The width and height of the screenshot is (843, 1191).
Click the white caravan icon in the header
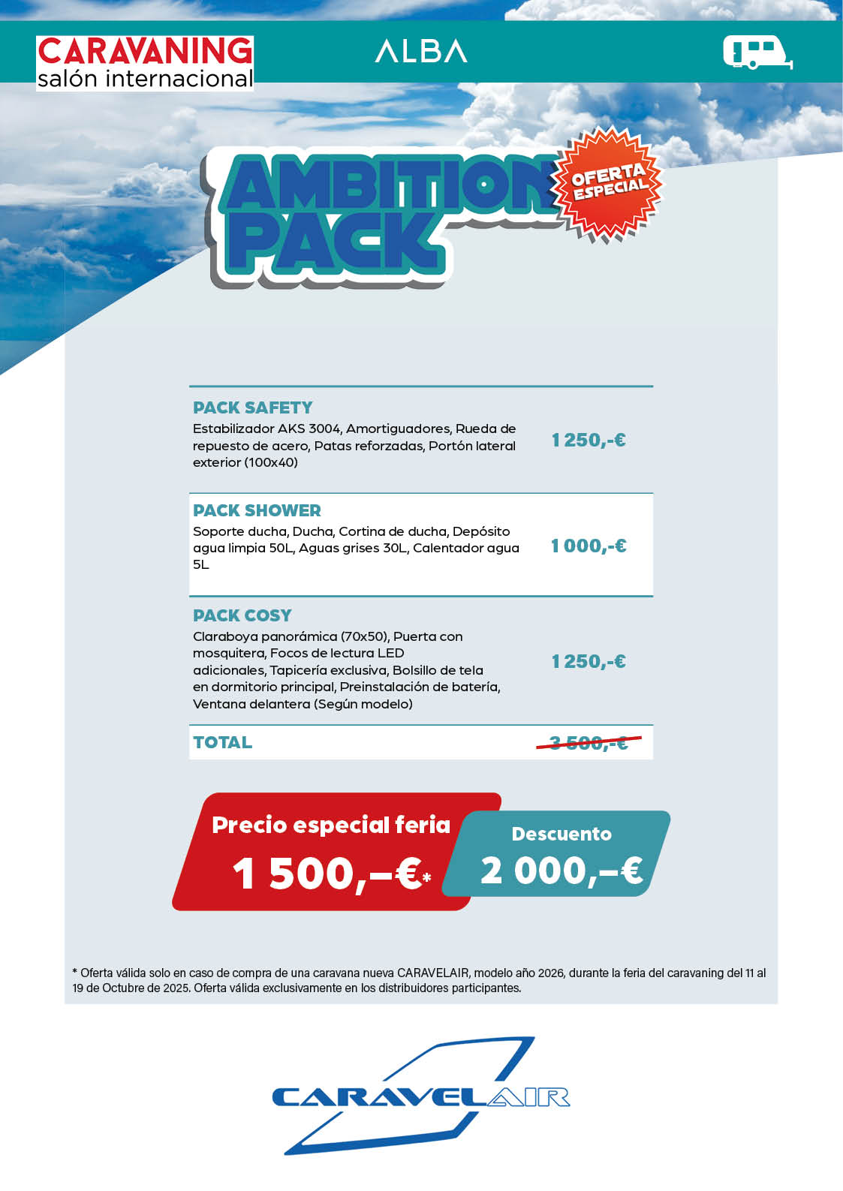(x=757, y=53)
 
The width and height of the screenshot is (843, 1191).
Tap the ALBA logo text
(x=420, y=51)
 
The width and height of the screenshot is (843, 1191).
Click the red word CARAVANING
(x=145, y=51)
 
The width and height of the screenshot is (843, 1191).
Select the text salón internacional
(x=145, y=79)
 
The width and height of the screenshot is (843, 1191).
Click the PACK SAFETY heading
(x=252, y=408)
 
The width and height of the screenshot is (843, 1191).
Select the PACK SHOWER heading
(x=257, y=510)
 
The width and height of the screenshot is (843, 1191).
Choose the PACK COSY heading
(x=242, y=615)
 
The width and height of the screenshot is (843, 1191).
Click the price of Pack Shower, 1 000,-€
(x=589, y=546)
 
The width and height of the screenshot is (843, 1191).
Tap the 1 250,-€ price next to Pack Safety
(x=589, y=440)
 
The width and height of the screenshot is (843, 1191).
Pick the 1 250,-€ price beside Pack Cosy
(x=589, y=661)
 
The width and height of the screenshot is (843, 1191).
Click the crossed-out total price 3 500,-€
(x=589, y=743)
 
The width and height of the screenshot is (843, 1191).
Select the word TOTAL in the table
(x=222, y=742)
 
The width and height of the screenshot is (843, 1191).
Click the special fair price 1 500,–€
(x=330, y=874)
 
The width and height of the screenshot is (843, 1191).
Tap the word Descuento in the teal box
(x=561, y=834)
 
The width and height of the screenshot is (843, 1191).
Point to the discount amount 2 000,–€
(x=561, y=871)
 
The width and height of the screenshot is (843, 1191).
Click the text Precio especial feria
(x=330, y=825)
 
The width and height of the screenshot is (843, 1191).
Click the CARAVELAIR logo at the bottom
(x=420, y=1097)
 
